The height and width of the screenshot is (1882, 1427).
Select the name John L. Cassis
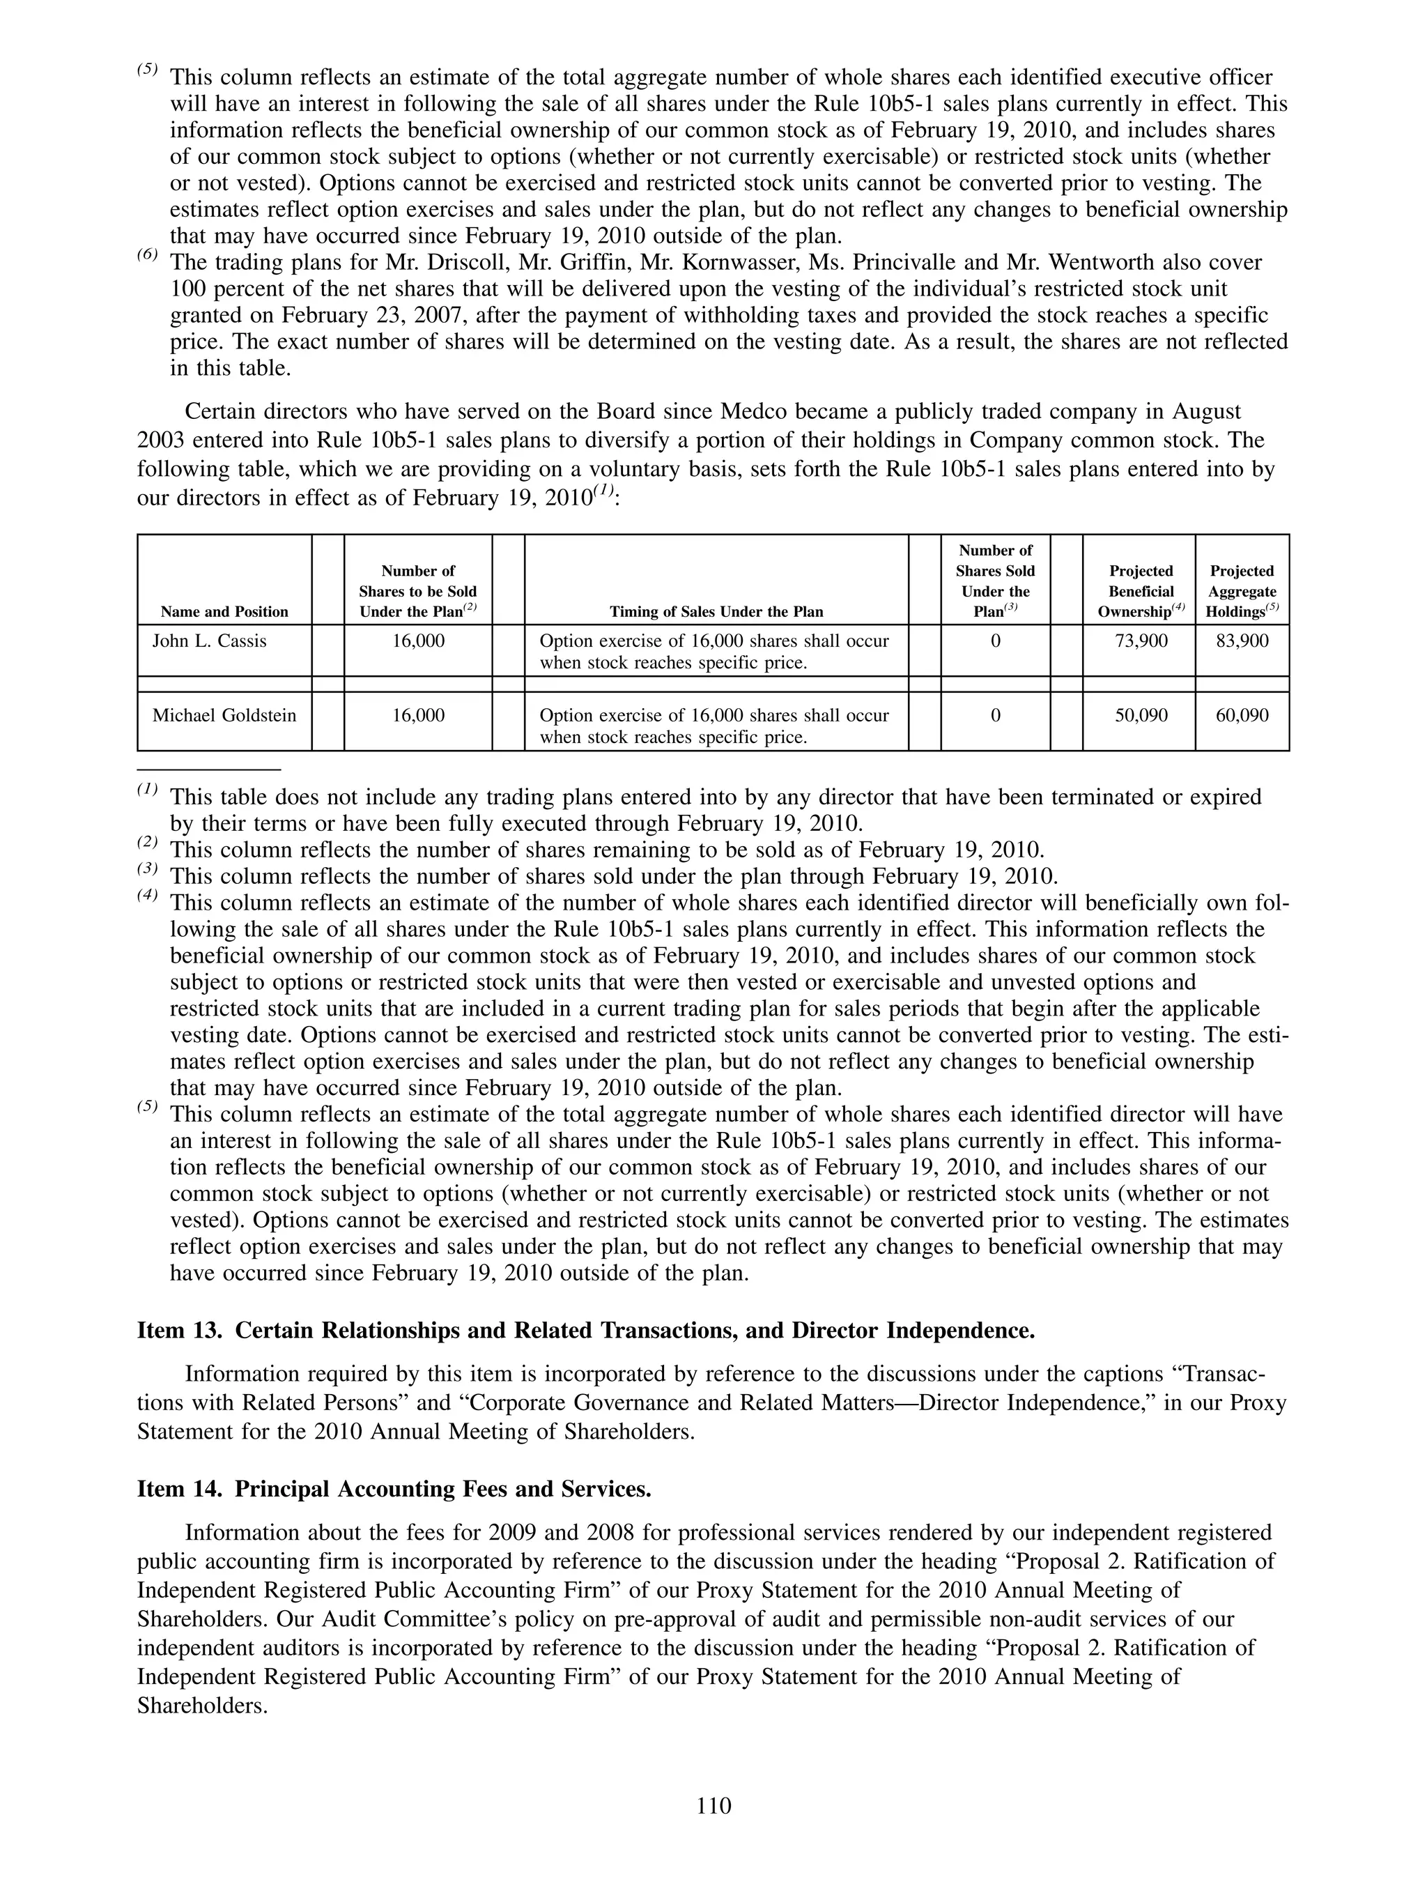tap(209, 641)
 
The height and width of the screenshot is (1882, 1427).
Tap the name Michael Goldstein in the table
tap(224, 716)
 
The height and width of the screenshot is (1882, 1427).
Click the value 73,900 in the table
tap(1141, 641)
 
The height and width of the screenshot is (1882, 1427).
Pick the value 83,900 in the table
tap(1242, 641)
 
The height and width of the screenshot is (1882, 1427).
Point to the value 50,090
tap(1141, 716)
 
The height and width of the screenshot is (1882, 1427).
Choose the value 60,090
tap(1242, 716)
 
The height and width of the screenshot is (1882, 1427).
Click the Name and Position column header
tap(224, 612)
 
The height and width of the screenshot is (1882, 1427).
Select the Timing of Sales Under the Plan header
tap(716, 612)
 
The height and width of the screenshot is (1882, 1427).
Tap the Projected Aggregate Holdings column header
tap(1242, 591)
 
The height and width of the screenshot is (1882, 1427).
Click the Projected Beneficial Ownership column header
tap(1141, 591)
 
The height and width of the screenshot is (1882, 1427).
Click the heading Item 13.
tap(585, 1331)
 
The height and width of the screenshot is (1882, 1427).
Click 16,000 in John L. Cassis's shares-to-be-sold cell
tap(418, 641)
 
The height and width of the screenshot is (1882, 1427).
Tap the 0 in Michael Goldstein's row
tap(995, 716)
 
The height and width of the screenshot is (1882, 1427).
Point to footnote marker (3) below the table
tap(148, 869)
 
